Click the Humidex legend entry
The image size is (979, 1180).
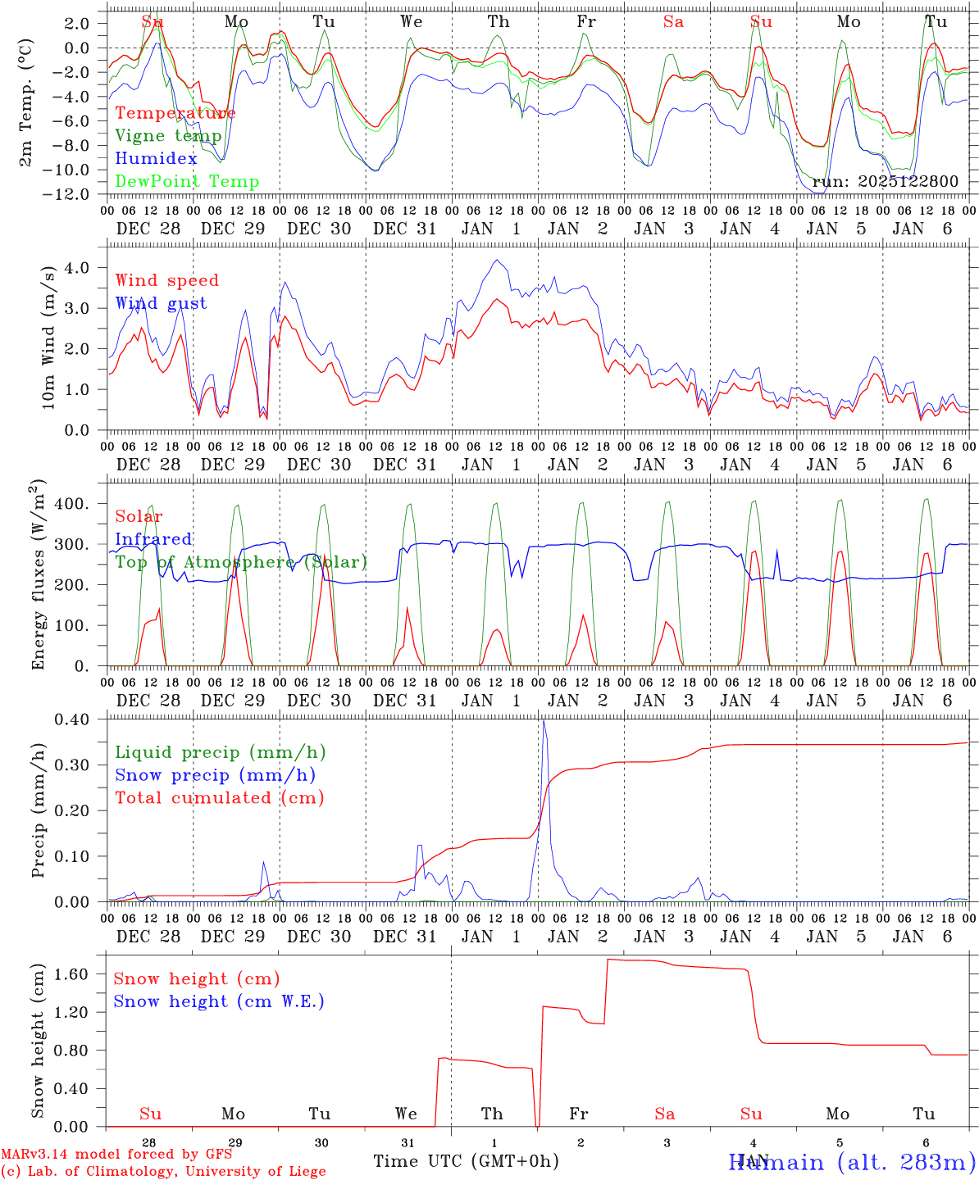click(x=156, y=158)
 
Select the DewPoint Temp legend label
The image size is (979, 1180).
click(x=187, y=181)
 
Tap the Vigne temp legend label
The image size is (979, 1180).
click(x=168, y=135)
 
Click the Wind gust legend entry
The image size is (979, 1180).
click(x=161, y=303)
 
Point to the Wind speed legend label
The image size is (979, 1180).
click(x=167, y=280)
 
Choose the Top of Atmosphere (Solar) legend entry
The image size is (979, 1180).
click(x=241, y=562)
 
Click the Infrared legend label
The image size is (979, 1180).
click(x=153, y=539)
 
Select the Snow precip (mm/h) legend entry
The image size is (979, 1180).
click(x=215, y=775)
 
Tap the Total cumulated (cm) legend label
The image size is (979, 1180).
click(x=219, y=797)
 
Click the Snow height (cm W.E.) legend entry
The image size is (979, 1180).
click(x=219, y=1001)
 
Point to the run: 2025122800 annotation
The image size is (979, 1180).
click(x=885, y=182)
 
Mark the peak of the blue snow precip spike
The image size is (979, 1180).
click(x=544, y=721)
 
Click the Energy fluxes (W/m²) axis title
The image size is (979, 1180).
click(x=39, y=574)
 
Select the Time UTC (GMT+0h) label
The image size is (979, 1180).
click(x=466, y=1161)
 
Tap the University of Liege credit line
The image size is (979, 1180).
click(x=164, y=1172)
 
